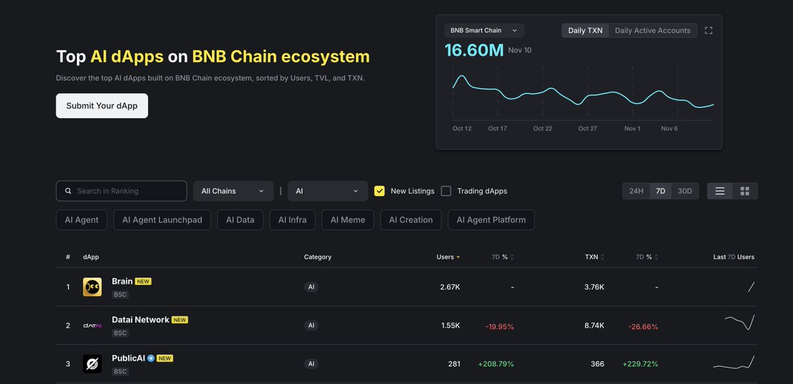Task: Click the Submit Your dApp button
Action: point(102,106)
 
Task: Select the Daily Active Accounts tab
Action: point(652,30)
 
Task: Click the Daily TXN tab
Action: point(585,30)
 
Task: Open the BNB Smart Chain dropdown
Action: point(484,30)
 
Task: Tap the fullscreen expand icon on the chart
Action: point(708,30)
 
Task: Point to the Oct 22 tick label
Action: point(543,128)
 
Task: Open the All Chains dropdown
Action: point(233,191)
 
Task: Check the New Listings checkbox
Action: point(379,191)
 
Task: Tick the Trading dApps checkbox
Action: point(446,191)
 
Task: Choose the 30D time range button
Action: point(685,191)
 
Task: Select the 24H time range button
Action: point(636,191)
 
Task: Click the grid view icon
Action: point(745,191)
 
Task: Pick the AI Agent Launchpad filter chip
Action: point(162,220)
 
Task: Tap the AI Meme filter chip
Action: point(348,220)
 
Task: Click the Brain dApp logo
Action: point(92,287)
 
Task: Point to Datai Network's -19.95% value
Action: point(499,326)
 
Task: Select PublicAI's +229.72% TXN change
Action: point(640,364)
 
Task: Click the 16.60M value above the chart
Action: point(474,50)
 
